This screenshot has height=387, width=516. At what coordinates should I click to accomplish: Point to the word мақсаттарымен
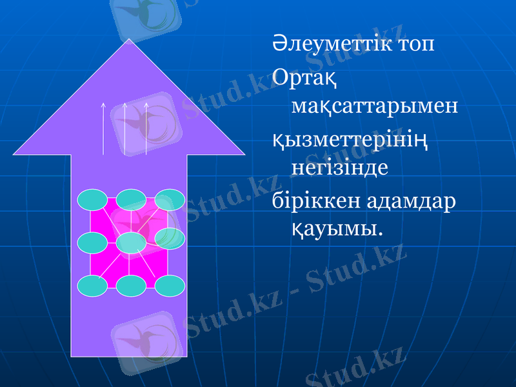click(x=375, y=105)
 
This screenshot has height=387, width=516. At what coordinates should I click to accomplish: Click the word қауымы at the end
click(x=333, y=228)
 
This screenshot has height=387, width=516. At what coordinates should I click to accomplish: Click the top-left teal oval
click(x=93, y=200)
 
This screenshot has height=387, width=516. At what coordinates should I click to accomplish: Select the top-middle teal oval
click(x=131, y=200)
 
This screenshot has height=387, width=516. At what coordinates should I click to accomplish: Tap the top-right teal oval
click(x=170, y=200)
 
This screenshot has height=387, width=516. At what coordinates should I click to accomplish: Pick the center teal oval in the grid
click(x=131, y=243)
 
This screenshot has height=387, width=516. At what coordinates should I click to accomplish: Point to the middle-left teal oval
click(x=93, y=243)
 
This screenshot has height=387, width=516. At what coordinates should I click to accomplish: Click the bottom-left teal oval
click(x=93, y=286)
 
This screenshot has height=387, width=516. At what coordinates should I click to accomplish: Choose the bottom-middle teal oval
click(x=131, y=286)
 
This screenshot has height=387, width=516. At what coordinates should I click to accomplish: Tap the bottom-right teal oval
click(x=170, y=286)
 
